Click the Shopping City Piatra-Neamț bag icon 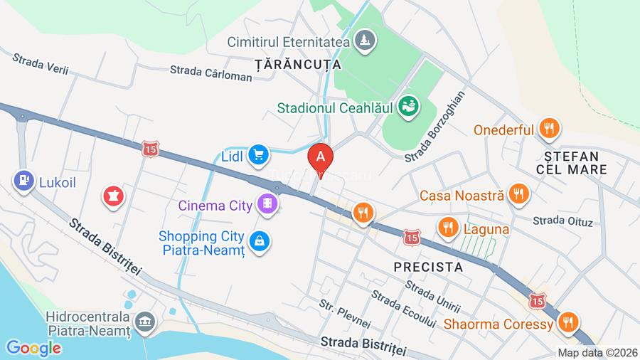click(x=261, y=240)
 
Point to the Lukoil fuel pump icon click(x=23, y=181)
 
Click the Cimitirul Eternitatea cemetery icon click(x=364, y=39)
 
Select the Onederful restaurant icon click(x=549, y=129)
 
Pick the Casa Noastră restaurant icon click(x=520, y=194)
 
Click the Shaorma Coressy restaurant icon click(x=567, y=323)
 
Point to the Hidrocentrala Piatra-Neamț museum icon click(x=146, y=322)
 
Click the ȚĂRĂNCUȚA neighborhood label click(x=298, y=64)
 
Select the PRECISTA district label click(x=428, y=268)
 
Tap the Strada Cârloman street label click(x=210, y=73)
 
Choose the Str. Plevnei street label click(x=345, y=314)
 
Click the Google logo click(x=33, y=348)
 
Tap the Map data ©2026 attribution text click(x=596, y=352)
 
